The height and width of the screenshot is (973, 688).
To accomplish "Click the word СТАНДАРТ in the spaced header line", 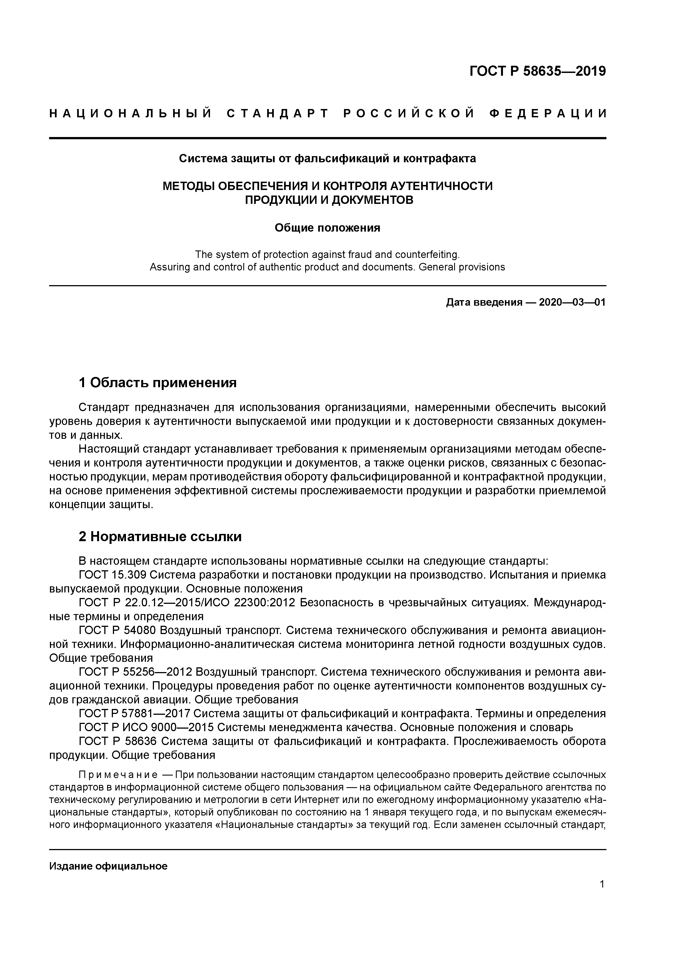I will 278,113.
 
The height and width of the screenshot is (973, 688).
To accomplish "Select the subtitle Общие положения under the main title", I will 327,228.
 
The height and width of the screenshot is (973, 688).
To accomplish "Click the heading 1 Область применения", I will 158,383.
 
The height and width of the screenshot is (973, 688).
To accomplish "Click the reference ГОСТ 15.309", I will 113,575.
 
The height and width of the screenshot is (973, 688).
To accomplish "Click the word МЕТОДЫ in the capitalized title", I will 187,186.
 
